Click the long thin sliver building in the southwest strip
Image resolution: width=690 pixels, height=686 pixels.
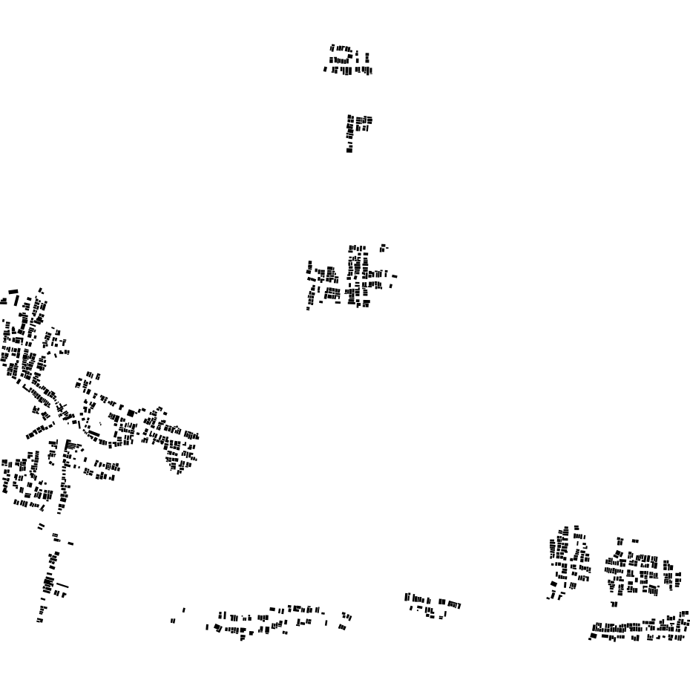coord(62,585)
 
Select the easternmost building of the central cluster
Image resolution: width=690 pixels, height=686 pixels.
coord(395,276)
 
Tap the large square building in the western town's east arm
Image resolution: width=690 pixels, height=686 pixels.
coord(131,414)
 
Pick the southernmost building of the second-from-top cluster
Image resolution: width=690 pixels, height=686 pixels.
coord(349,150)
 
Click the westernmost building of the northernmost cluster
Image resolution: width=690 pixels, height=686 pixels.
coord(325,70)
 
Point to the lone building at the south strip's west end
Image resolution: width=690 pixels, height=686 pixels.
coord(174,621)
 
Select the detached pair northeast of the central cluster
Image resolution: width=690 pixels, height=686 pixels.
coord(383,247)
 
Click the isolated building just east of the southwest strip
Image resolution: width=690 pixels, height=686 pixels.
coord(70,543)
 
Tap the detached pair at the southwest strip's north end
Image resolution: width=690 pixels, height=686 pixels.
coord(41,526)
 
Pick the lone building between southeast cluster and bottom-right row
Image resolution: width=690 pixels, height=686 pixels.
coord(614,604)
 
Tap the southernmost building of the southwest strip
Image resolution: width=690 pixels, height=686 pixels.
coord(40,620)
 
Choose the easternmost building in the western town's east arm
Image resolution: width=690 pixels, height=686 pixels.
coord(197,437)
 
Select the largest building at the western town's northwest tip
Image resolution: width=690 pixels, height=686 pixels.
coord(13,292)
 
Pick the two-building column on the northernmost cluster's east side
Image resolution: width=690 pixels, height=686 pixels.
coord(367,57)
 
